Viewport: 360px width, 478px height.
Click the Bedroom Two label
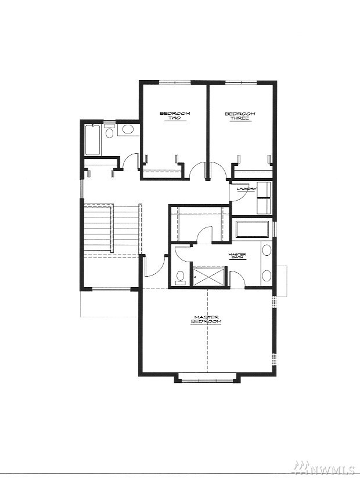click(175, 116)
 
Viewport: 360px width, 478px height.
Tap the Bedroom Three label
click(240, 116)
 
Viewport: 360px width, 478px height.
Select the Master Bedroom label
click(206, 320)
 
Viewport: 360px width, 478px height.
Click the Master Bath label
click(237, 256)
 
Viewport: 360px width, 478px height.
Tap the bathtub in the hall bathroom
click(92, 140)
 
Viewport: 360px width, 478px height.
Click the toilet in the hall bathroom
click(109, 131)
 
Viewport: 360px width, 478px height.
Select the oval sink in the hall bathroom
click(128, 129)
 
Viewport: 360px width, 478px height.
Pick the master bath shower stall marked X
click(209, 276)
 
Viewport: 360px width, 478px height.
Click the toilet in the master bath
click(181, 277)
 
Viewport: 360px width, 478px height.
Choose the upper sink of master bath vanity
click(267, 251)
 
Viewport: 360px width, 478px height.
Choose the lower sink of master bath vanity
click(267, 277)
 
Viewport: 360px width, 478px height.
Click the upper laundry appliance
click(264, 190)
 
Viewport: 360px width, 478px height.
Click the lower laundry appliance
click(264, 207)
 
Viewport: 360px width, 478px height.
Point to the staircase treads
click(113, 229)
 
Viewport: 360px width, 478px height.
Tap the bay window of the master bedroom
click(207, 380)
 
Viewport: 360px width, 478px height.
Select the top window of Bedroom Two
click(175, 82)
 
